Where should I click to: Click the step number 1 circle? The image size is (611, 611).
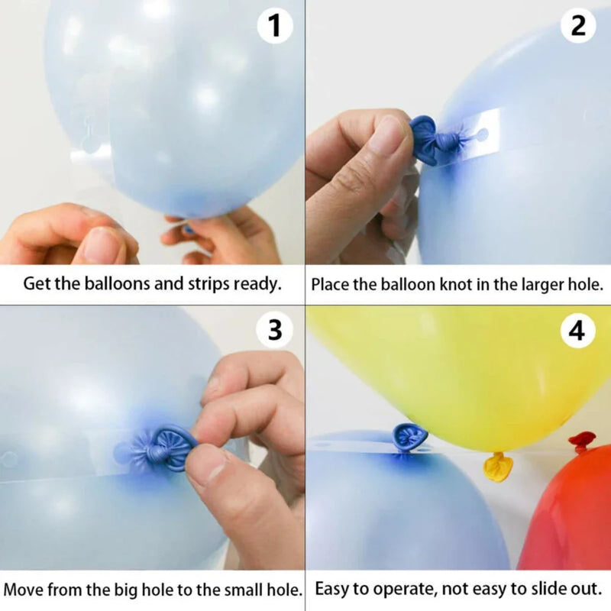click(x=274, y=27)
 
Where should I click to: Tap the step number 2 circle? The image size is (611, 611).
click(x=578, y=27)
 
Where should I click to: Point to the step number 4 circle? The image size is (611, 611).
click(x=578, y=331)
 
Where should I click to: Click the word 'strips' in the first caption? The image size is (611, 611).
click(x=207, y=284)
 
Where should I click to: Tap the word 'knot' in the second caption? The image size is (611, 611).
click(x=460, y=285)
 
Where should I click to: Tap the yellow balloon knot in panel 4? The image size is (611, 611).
click(x=497, y=466)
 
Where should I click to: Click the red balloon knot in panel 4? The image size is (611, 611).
click(x=582, y=441)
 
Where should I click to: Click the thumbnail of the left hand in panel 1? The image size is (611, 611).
click(x=99, y=245)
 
